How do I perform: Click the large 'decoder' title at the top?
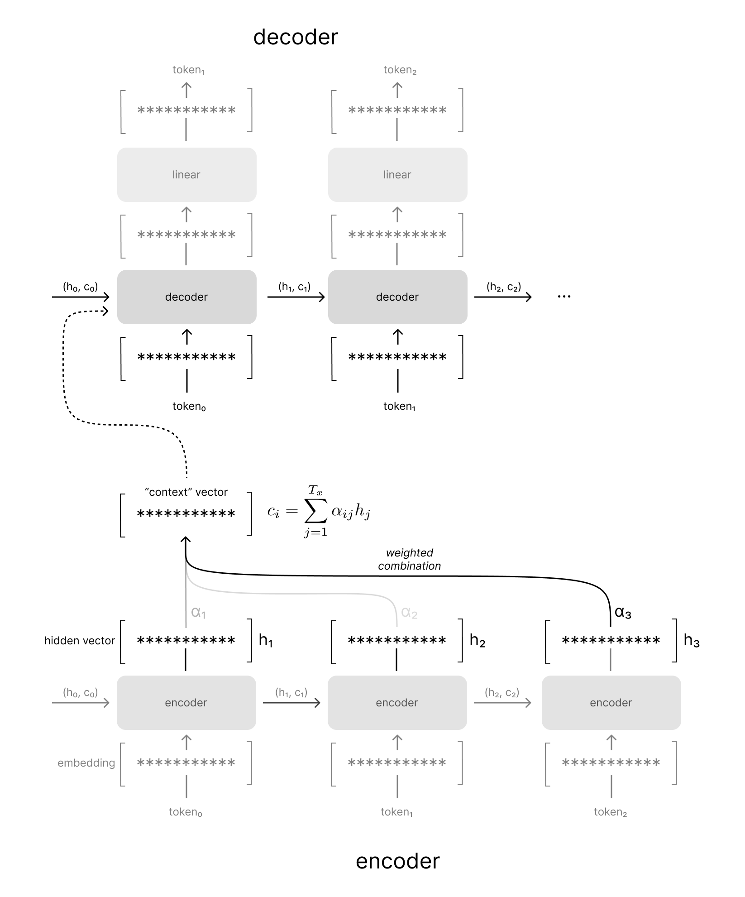[295, 37]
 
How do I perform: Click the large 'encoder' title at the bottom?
[397, 861]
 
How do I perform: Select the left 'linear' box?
[186, 175]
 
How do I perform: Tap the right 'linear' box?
[397, 175]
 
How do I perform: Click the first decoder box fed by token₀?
[186, 297]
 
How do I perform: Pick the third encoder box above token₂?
[611, 702]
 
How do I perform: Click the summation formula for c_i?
[320, 512]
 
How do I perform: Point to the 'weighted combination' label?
[409, 559]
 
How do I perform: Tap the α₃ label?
[623, 612]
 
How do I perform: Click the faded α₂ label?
[409, 613]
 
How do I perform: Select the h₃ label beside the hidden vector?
[691, 640]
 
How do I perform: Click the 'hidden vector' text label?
[80, 641]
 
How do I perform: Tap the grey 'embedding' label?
[86, 763]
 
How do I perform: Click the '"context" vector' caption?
[186, 492]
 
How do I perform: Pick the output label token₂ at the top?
[400, 70]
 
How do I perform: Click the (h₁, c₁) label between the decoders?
[295, 287]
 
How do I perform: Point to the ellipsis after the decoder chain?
[564, 297]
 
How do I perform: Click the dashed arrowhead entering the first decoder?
[106, 311]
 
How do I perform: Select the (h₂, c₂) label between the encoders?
[502, 692]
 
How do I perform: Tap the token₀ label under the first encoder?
[186, 812]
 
